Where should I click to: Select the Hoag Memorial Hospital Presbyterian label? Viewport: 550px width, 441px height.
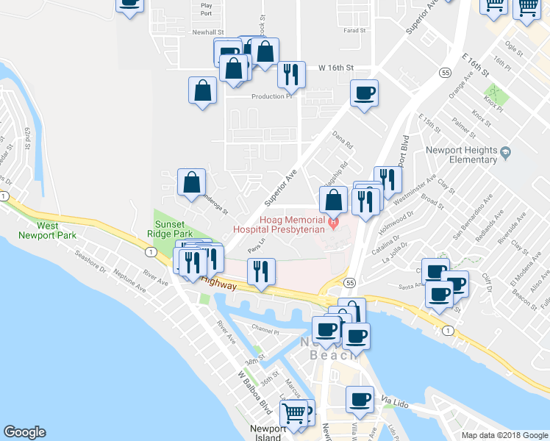point(279,224)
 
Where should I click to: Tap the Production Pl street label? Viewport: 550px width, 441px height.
point(272,96)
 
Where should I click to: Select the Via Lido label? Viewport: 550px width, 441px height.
point(396,401)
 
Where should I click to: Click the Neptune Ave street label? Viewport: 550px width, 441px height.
point(130,281)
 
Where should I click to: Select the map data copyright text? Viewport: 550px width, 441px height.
point(505,435)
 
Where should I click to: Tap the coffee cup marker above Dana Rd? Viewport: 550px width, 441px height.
point(364,93)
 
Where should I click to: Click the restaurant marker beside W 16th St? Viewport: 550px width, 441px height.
point(291,73)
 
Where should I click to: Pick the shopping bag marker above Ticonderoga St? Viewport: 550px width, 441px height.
point(191,182)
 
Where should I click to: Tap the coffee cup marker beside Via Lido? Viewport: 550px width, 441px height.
point(360,399)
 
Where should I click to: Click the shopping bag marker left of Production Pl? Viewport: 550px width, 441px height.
point(203,91)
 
